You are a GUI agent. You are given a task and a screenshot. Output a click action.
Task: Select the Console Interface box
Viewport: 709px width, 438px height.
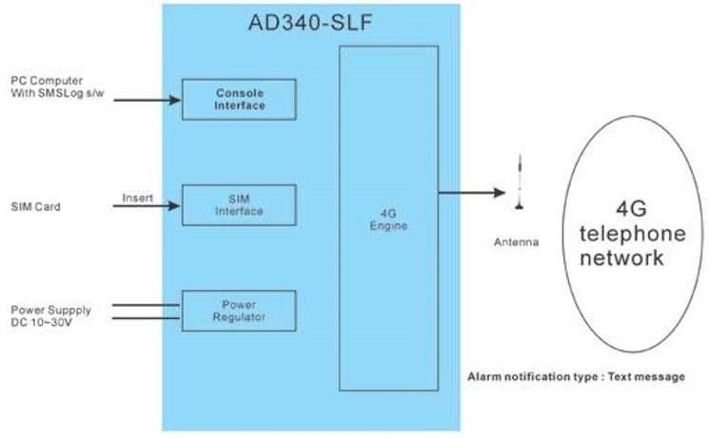pos(239,99)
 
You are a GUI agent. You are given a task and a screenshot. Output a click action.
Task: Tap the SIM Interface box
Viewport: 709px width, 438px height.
pos(239,205)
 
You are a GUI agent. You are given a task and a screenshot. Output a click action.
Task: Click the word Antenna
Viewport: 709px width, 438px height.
pos(517,242)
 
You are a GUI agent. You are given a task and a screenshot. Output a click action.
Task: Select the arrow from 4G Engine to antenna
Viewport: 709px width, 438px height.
pos(471,194)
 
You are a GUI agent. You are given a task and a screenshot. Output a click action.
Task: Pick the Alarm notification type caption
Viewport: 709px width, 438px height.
pos(576,377)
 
